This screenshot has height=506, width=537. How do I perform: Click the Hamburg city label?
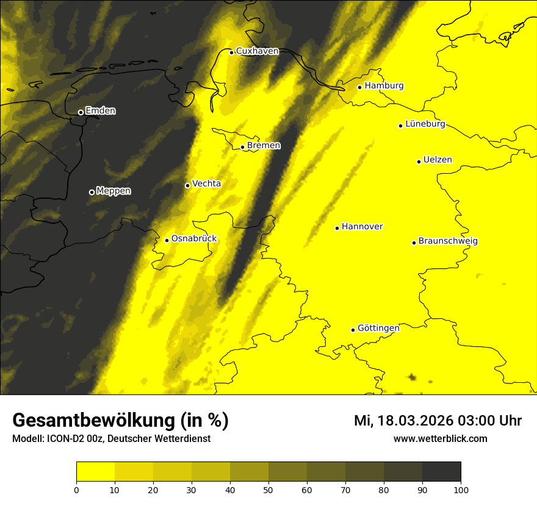pos(384,86)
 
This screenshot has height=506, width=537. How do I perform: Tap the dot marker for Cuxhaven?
pos(231,52)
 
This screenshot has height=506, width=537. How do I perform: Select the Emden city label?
pos(100,111)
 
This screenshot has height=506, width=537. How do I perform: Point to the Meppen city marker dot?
pos(92,192)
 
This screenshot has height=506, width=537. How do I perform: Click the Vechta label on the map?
pos(206,184)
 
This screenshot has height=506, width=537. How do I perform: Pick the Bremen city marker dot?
pos(242,147)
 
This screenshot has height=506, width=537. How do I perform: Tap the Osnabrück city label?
pos(194,238)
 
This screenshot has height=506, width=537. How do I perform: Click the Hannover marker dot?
pos(337,228)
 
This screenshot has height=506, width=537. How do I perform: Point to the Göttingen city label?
pos(378,328)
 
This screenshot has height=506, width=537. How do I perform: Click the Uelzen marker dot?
pos(419,162)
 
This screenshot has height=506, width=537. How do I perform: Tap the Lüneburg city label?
pos(425,124)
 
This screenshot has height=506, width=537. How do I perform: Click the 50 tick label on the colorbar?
pos(268,490)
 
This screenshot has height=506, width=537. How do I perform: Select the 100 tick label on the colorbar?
pos(461,490)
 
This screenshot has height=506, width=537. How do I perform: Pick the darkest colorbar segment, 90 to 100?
pos(441,472)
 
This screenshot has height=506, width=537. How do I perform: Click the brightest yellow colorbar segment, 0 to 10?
pos(96,472)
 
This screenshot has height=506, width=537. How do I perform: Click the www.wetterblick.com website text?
pos(441,439)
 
